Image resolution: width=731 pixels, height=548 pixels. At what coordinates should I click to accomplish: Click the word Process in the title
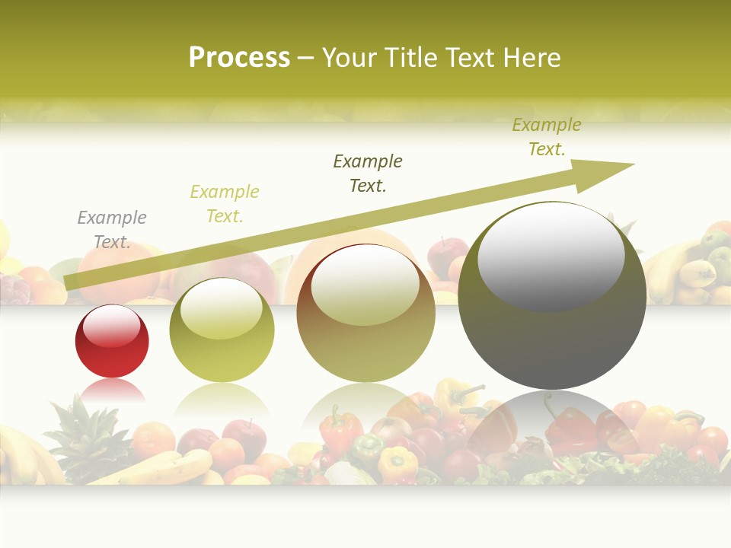pyautogui.click(x=239, y=58)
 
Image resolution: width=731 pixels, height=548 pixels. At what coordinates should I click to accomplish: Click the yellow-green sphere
pyautogui.click(x=222, y=331)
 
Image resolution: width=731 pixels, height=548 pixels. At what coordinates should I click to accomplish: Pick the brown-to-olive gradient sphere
pyautogui.click(x=365, y=314)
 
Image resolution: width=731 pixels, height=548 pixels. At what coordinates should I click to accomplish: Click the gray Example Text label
pyautogui.click(x=112, y=230)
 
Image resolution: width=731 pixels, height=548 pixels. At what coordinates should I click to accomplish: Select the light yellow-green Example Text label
pyautogui.click(x=225, y=204)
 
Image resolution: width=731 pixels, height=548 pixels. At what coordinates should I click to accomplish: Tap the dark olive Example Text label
pyautogui.click(x=368, y=174)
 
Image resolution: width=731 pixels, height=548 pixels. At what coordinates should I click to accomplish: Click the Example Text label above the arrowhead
pyautogui.click(x=547, y=137)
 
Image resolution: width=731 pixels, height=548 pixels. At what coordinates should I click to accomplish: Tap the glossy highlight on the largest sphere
pyautogui.click(x=551, y=255)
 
